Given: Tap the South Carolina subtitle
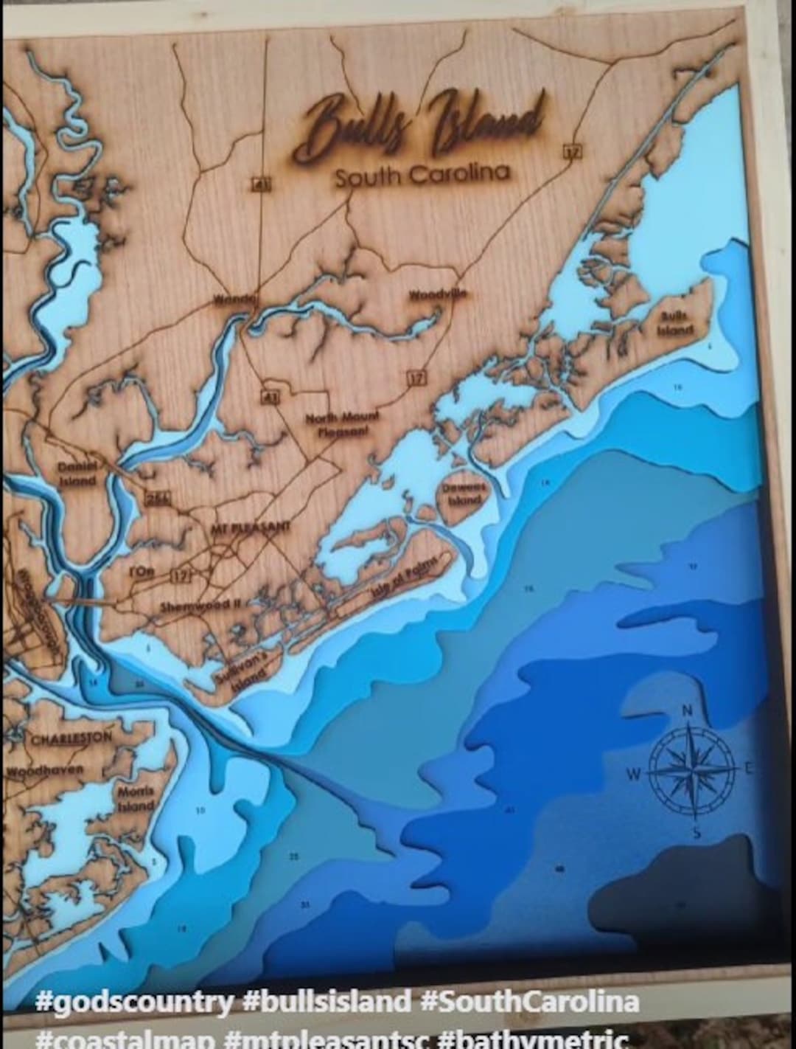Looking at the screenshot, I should tap(422, 176).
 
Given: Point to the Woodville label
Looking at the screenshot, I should tap(438, 294).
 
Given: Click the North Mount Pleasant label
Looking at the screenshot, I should tap(343, 424).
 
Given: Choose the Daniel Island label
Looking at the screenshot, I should tap(77, 474).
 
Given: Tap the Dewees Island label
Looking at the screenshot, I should tap(464, 494).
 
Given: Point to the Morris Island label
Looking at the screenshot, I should tap(136, 798).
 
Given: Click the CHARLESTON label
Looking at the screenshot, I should tap(71, 738).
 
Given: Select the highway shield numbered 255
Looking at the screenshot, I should tap(158, 498).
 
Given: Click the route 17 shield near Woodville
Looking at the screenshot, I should tap(416, 378).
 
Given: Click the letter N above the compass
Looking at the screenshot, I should tap(687, 710).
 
